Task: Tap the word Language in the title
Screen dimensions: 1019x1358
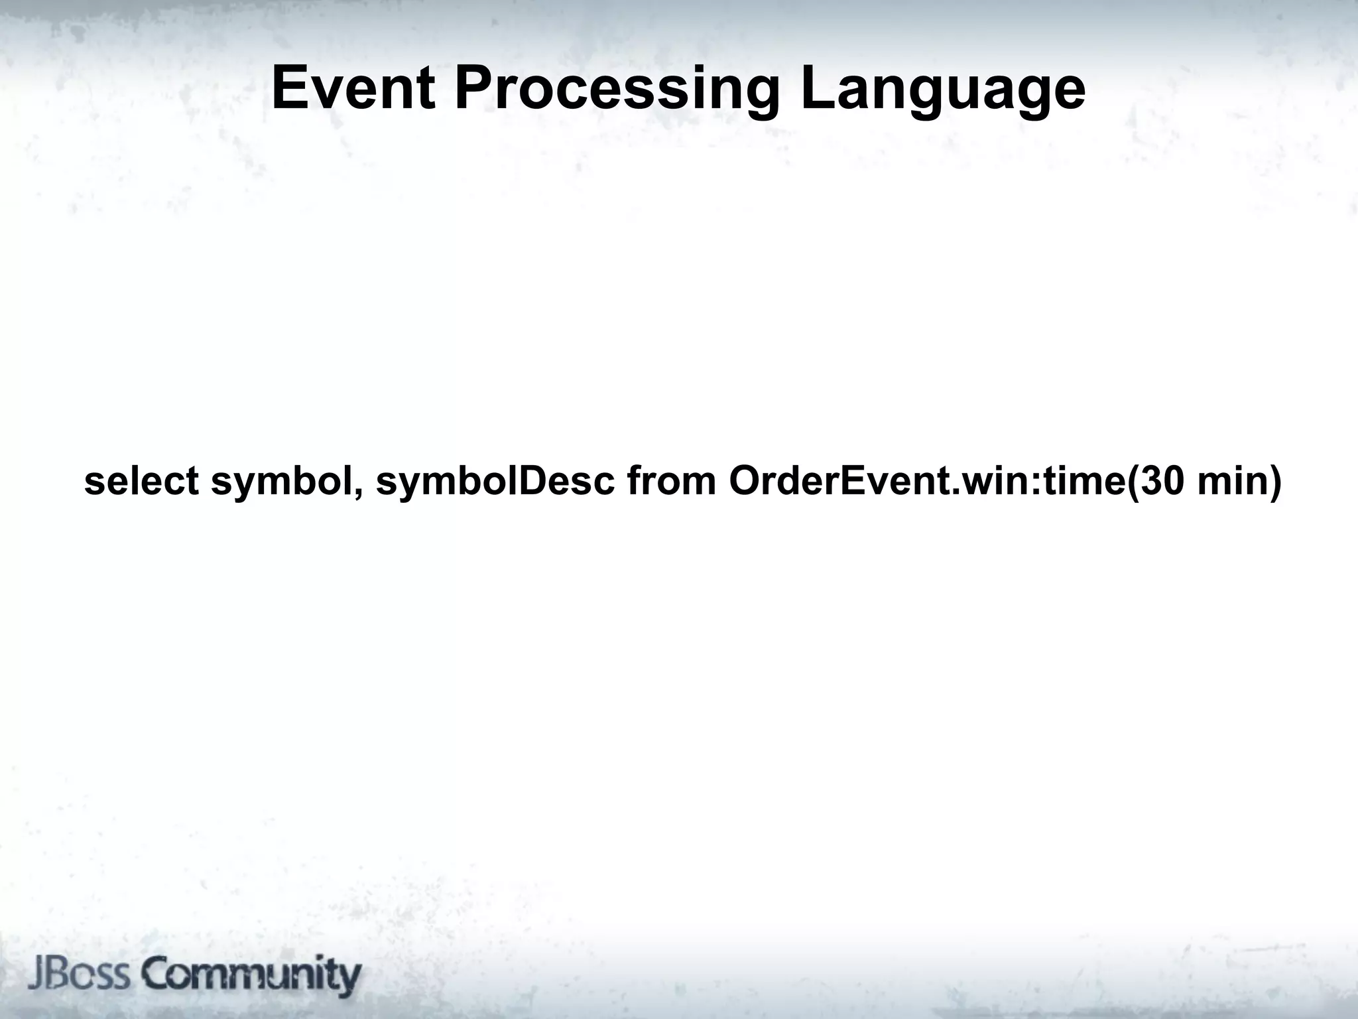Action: [942, 90]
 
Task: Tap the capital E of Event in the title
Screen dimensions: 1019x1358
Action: [290, 89]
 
